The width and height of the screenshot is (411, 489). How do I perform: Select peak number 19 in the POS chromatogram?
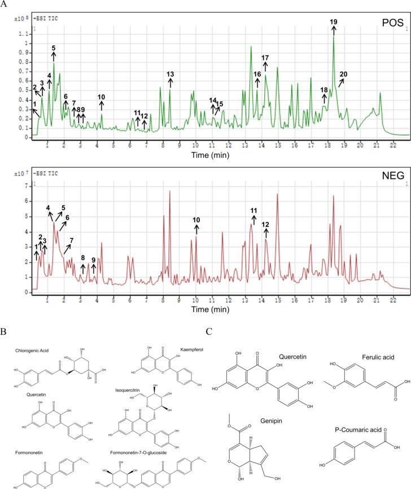tap(333, 22)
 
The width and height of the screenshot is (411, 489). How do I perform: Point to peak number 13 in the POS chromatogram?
tap(170, 75)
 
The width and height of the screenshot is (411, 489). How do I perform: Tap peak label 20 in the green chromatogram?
tap(343, 75)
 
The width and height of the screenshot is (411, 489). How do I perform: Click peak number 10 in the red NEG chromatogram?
tap(196, 220)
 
